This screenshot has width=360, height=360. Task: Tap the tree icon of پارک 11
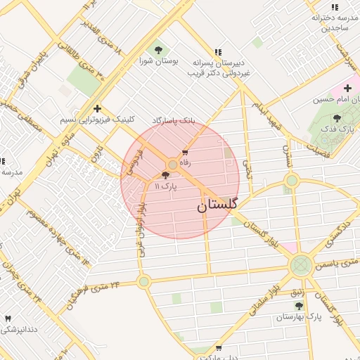(x=165, y=175)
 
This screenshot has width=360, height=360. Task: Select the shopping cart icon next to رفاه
(x=185, y=153)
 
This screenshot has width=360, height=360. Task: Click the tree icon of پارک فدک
(x=337, y=119)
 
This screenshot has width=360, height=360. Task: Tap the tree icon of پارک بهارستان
(x=299, y=306)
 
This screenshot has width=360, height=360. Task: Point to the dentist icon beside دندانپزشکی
(x=8, y=318)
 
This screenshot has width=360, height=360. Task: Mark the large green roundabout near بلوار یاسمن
(x=301, y=266)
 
